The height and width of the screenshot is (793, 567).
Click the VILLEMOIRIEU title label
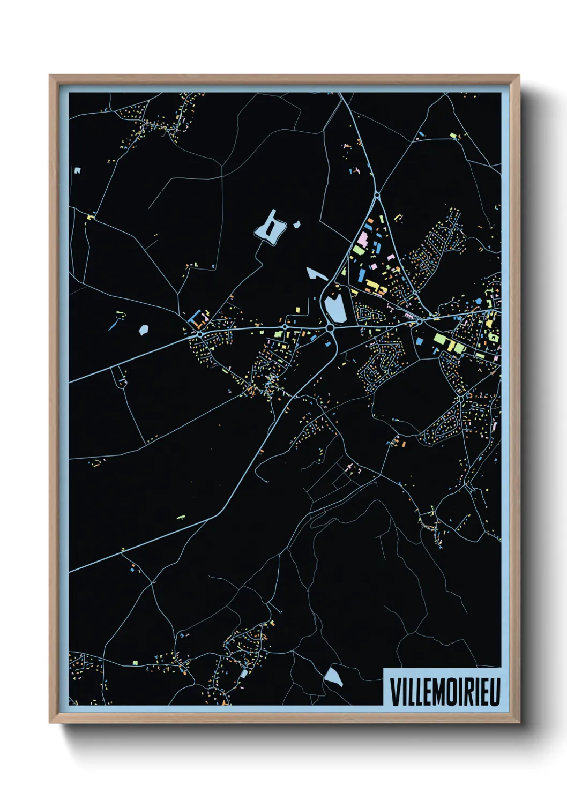pos(444,692)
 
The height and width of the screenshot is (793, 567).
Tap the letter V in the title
pos(394,692)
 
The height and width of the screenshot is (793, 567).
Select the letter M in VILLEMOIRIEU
pos(438,692)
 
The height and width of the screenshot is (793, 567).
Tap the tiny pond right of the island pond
pos(296,225)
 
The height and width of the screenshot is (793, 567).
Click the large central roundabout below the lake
pos(330,327)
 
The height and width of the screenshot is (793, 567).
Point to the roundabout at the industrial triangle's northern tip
pos(377,196)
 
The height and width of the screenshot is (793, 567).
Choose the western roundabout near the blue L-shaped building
pos(200,334)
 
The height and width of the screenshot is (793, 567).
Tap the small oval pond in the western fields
pos(143,330)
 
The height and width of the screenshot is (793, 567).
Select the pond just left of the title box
pos(334,676)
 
